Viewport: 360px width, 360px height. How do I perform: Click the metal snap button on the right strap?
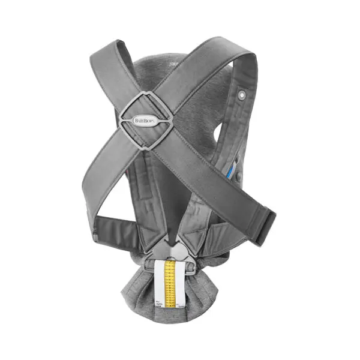pos(242,94)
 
